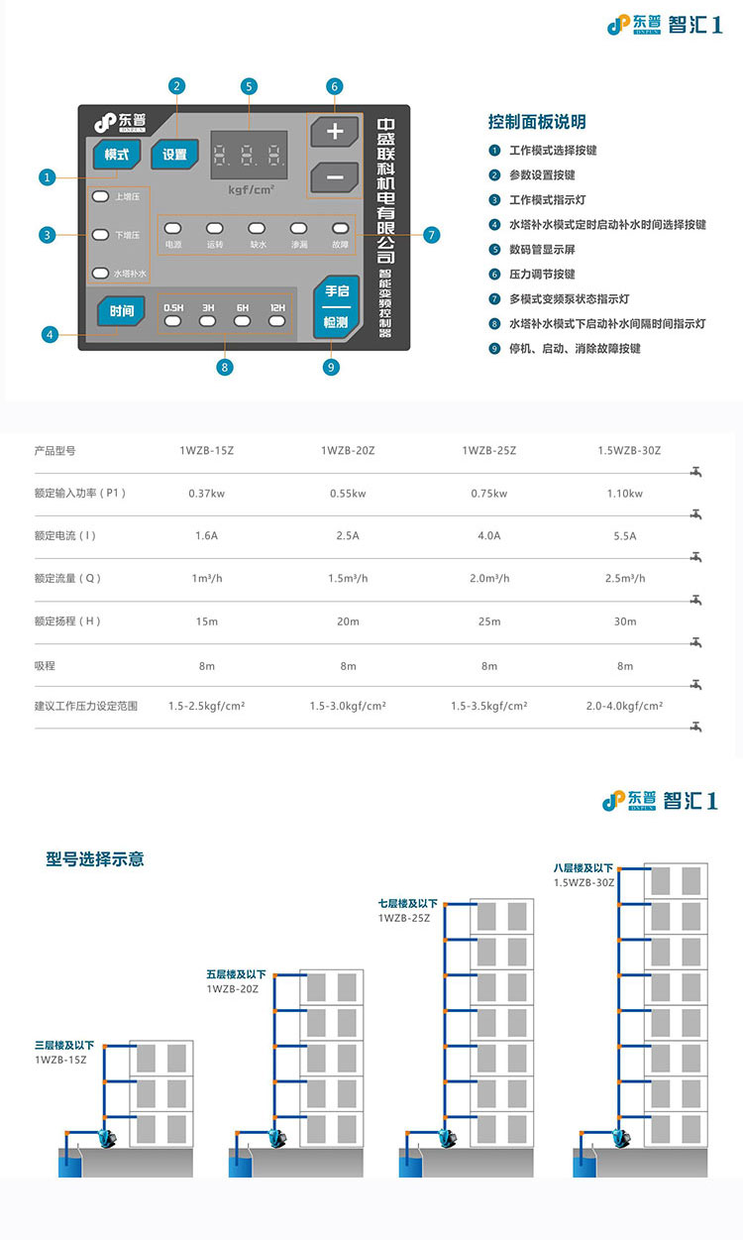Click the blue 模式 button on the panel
click(117, 155)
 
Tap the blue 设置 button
click(174, 155)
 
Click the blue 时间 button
click(121, 311)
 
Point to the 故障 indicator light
click(340, 228)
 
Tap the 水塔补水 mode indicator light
click(99, 273)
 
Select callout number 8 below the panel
click(225, 367)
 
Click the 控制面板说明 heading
click(537, 122)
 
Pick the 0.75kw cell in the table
click(488, 494)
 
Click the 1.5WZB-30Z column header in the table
click(629, 451)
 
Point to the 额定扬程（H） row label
click(67, 621)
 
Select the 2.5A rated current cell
click(348, 536)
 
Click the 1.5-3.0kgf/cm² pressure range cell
click(348, 707)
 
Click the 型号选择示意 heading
click(95, 858)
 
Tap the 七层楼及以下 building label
click(407, 904)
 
